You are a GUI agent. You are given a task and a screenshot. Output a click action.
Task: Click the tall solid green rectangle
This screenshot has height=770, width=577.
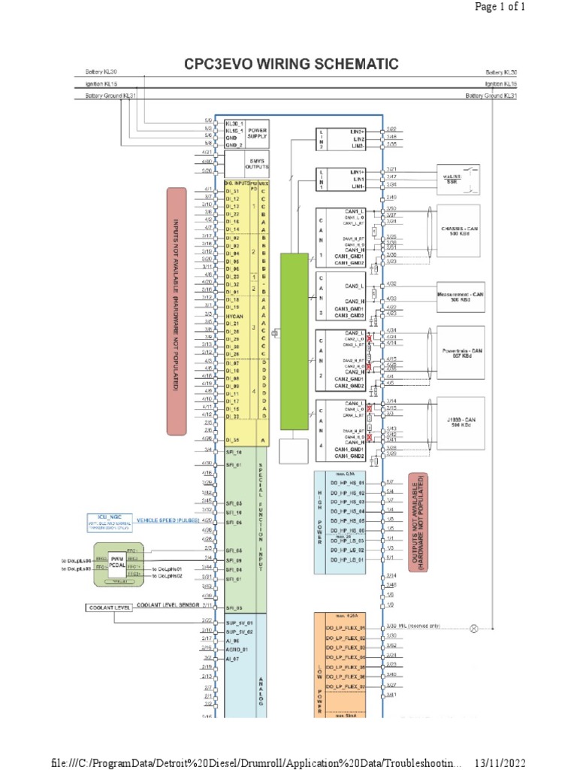click(x=294, y=341)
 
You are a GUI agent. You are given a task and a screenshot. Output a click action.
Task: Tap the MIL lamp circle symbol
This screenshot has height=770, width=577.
click(x=473, y=627)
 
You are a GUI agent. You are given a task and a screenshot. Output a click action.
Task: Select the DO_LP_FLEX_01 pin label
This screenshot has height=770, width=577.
click(x=345, y=627)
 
